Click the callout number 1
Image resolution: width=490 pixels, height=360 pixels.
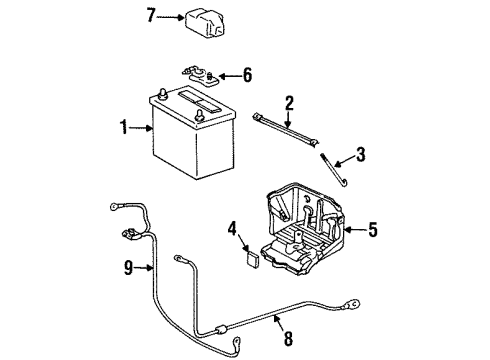tap(123, 127)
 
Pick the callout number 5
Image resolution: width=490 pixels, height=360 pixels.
tap(372, 230)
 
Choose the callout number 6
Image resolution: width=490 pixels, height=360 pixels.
tap(248, 75)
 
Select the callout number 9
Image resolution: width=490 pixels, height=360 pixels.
tap(127, 266)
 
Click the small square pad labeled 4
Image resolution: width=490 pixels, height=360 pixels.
tap(252, 257)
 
